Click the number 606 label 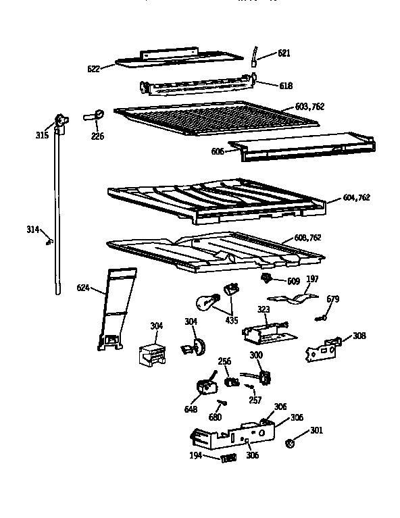[x=218, y=152]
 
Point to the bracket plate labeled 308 [x=323, y=350]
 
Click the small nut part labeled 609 [x=268, y=278]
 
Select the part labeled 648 [x=205, y=387]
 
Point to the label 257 [x=255, y=400]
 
